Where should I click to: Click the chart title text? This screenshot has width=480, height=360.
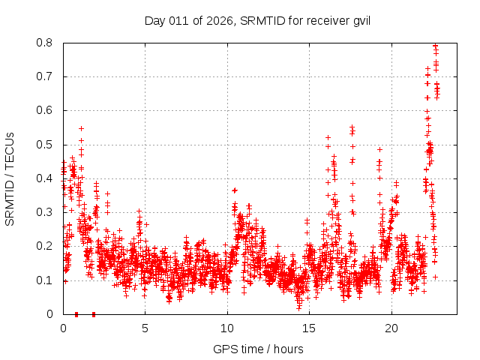257,20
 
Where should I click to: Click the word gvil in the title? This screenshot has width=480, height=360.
360,20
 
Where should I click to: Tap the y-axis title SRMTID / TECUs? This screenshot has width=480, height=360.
10,178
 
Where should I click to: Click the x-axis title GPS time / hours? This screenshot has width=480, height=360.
257,349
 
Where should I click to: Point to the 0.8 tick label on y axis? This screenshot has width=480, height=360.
47,43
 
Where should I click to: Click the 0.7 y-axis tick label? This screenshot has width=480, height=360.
47,76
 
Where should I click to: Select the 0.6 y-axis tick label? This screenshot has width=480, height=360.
47,110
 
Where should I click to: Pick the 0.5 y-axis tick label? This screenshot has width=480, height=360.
47,145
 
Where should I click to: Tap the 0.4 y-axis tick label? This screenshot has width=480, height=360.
47,178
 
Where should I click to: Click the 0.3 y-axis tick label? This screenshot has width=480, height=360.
47,212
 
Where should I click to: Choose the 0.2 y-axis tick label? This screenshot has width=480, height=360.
47,246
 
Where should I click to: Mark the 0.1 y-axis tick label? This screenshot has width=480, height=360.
47,280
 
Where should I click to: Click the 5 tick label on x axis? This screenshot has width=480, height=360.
145,328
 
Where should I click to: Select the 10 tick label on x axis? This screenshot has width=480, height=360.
227,328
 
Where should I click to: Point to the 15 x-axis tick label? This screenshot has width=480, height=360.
309,328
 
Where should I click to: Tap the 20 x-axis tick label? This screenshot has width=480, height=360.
391,328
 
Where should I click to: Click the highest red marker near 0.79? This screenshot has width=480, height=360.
435,46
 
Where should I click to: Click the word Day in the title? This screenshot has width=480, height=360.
154,20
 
